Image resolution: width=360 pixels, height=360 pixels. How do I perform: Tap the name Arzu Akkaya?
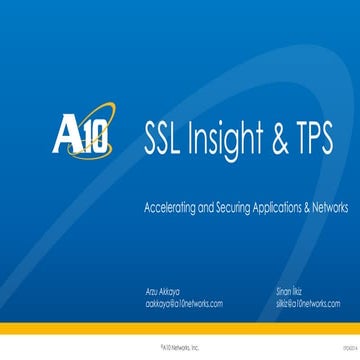(163, 290)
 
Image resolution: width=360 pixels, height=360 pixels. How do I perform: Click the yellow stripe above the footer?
(180, 328)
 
